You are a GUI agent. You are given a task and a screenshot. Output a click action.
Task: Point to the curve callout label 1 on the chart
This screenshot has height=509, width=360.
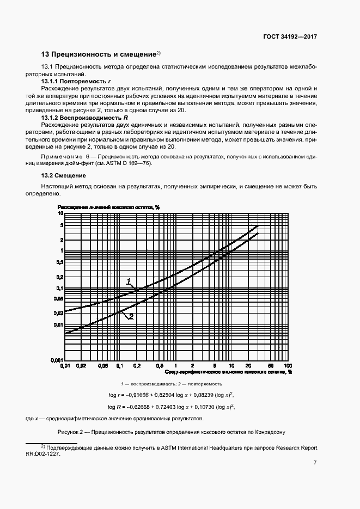[x=129, y=281]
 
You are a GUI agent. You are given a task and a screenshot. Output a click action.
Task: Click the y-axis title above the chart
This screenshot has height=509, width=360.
[x=108, y=207]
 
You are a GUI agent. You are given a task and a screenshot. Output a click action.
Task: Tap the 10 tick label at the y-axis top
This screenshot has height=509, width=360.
[x=61, y=213]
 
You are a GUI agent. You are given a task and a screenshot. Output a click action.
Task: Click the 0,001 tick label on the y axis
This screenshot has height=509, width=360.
[x=58, y=360]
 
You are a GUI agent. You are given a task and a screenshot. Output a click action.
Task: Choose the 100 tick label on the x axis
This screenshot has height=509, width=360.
[x=288, y=366]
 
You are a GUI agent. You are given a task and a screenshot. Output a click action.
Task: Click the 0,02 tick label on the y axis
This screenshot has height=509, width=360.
[x=59, y=313]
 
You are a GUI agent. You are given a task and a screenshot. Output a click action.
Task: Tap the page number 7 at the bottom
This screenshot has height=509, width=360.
[x=315, y=463]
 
